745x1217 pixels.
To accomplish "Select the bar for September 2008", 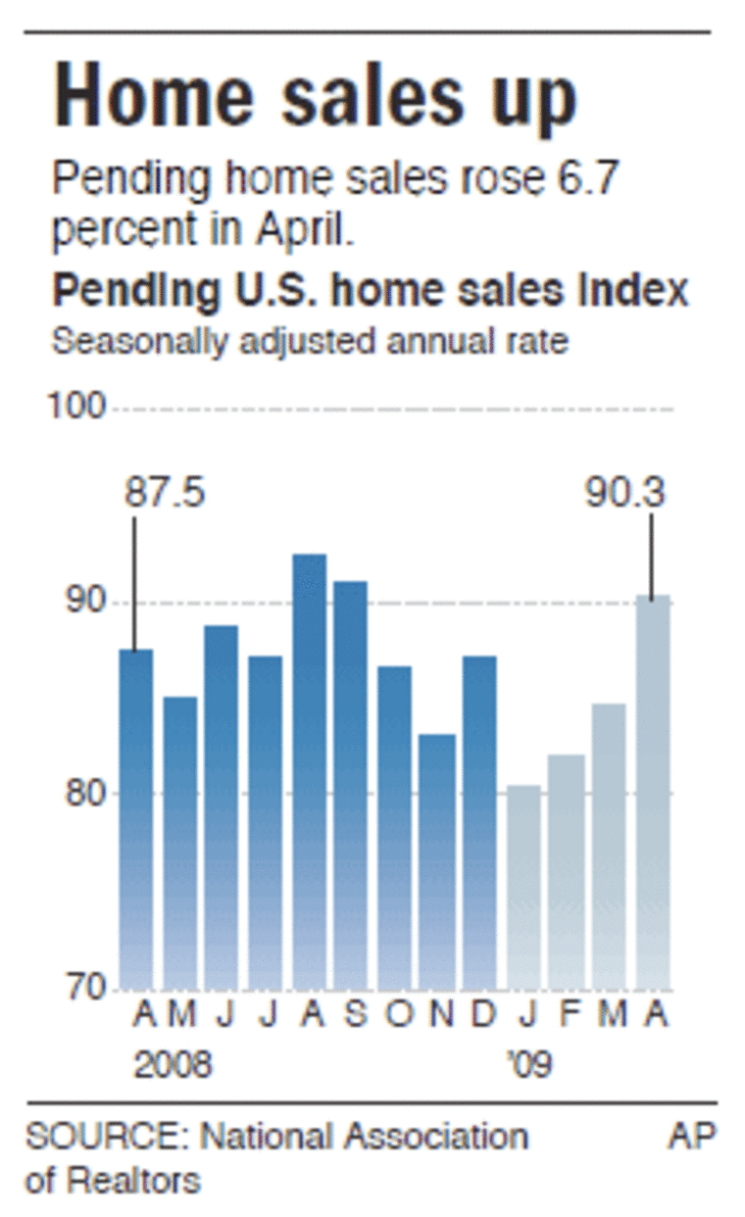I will pos(351,784).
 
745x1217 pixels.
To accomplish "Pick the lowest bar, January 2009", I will pos(523,886).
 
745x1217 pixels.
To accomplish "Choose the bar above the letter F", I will pos(567,871).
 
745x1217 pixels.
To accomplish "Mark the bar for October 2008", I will pos(394,827).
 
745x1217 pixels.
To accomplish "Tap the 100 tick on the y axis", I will pos(77,407).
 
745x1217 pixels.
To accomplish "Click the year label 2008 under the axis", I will pos(173,1064).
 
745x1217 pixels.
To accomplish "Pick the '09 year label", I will pos(529,1064).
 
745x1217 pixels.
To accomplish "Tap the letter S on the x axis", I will pos(356,1016).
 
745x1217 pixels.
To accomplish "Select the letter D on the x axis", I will pos(482,1016).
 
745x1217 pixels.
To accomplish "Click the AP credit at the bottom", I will pos(693,1136).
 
